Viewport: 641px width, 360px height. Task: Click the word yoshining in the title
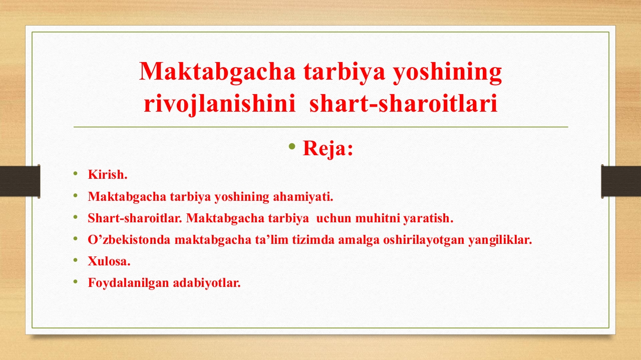click(448, 73)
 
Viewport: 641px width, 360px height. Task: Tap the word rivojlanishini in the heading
click(219, 104)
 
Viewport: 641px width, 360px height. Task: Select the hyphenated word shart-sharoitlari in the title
click(404, 103)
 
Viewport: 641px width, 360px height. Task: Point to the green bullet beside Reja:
click(292, 147)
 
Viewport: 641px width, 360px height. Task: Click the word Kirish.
click(108, 175)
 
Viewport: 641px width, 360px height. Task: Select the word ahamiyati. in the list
click(303, 197)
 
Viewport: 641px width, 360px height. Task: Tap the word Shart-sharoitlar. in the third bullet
click(135, 218)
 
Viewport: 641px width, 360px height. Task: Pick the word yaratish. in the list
click(428, 219)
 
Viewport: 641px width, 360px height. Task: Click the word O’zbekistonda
click(129, 240)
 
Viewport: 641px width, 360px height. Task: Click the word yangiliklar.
click(500, 240)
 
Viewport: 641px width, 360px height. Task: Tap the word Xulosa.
click(109, 261)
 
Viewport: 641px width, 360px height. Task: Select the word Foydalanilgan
click(129, 283)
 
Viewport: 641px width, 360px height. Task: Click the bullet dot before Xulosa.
click(76, 260)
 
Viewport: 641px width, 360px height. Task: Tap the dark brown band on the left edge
click(20, 181)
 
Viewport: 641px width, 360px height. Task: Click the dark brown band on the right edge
click(620, 181)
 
